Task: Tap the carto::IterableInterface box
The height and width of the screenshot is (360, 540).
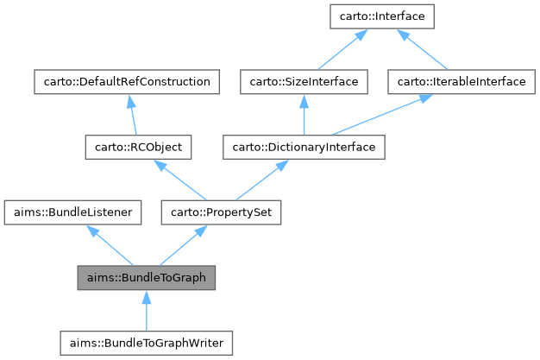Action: [x=456, y=82]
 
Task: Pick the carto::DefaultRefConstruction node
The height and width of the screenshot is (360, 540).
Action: [x=126, y=82]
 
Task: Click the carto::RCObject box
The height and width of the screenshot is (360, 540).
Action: [x=137, y=147]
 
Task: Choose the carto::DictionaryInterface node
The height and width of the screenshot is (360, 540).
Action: [x=304, y=147]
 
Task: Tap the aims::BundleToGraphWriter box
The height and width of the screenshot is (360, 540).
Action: [x=147, y=343]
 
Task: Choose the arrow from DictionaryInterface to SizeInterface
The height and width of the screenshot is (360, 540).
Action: [x=304, y=116]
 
